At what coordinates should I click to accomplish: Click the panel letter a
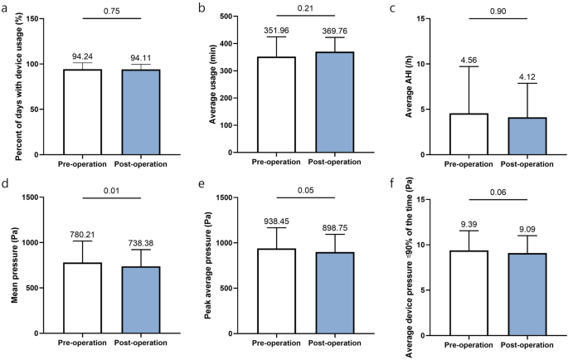click(x=6, y=7)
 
